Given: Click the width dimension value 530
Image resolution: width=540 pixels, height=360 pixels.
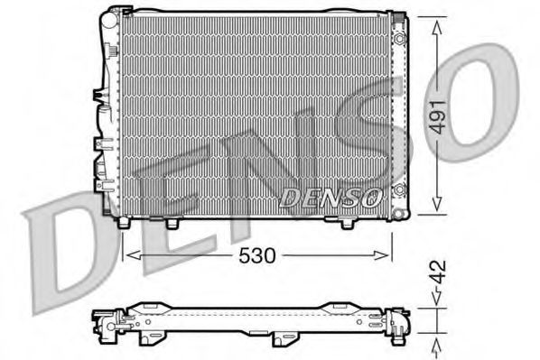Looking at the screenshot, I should tap(258, 255).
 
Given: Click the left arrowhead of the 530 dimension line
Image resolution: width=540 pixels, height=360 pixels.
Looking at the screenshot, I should tap(126, 255).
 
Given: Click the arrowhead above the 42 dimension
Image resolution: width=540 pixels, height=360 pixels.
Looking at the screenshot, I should tap(438, 305).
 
